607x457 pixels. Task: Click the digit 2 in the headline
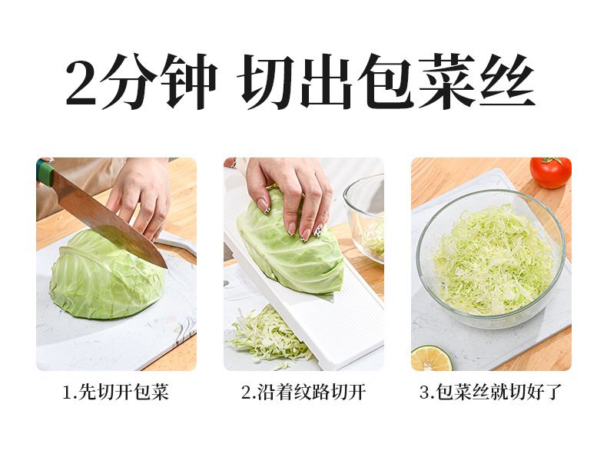[x=81, y=81]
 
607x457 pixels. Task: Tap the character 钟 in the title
[x=189, y=81]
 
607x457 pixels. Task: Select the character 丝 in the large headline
[x=507, y=81]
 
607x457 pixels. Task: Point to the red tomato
[x=550, y=173]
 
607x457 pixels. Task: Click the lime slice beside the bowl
[x=431, y=359]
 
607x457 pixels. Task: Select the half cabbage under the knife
[x=107, y=276]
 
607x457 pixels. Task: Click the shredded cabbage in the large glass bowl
[x=491, y=259]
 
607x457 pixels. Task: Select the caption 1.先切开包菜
[x=116, y=392]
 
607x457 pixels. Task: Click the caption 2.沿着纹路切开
[x=303, y=392]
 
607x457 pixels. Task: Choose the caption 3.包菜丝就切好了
[x=490, y=392]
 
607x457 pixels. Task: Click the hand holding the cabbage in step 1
[x=141, y=195]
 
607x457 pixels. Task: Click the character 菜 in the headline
[x=446, y=81]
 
